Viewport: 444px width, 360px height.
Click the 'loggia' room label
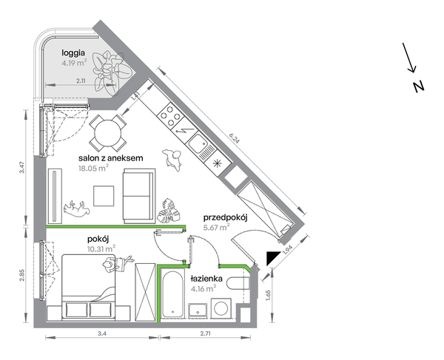pos(73,53)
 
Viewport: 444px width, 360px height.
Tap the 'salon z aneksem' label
pos(111,157)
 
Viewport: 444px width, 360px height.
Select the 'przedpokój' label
pos(226,218)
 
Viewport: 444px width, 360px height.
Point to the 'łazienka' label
pos(206,279)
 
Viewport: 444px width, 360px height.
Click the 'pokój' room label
pos(98,240)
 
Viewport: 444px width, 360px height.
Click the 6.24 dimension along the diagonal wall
pos(234,138)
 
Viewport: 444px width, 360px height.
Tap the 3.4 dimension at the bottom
pos(101,333)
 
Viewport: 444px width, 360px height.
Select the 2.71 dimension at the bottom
pos(205,333)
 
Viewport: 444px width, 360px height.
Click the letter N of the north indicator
pos(419,86)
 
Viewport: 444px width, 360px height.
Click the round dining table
pos(107,133)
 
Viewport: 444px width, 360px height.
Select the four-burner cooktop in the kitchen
pos(169,115)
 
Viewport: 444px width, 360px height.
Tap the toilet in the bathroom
pos(238,283)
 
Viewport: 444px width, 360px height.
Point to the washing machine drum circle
pos(221,308)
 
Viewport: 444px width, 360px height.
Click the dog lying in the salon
pos(76,208)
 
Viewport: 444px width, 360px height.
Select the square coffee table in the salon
pos(104,196)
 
